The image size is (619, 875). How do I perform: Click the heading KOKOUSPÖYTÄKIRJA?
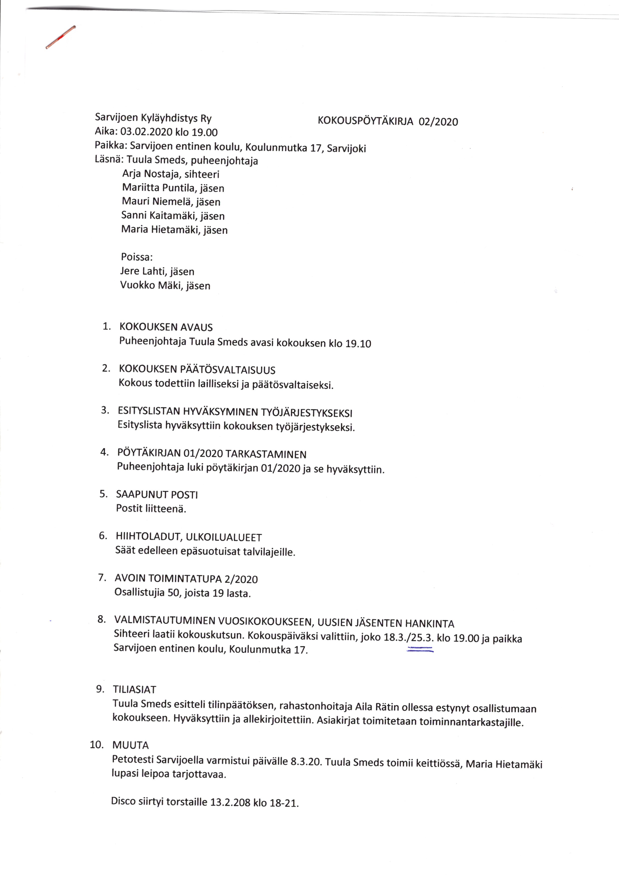365,121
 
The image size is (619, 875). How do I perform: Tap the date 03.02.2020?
146,132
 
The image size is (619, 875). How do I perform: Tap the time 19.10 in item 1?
358,343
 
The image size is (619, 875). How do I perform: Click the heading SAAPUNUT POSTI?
157,494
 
